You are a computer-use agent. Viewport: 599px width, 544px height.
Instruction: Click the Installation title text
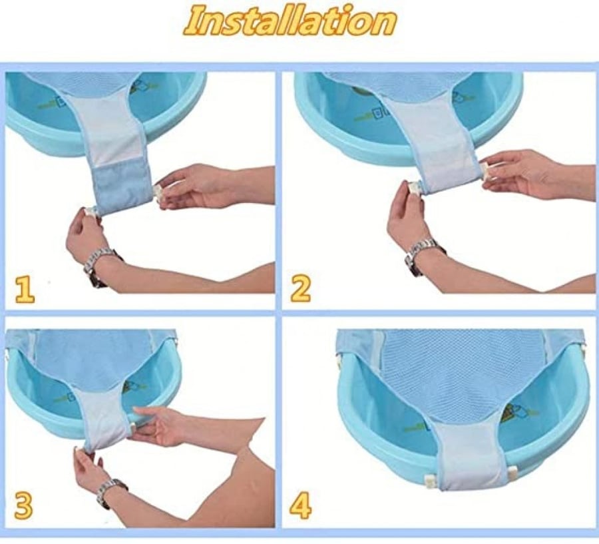(290, 21)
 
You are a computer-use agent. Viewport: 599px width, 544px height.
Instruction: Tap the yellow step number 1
(25, 290)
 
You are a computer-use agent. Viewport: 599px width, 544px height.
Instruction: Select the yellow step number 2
(300, 290)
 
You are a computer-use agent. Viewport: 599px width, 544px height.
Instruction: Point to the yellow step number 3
(23, 505)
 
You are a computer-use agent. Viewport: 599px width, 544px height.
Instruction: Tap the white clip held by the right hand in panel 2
(485, 171)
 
